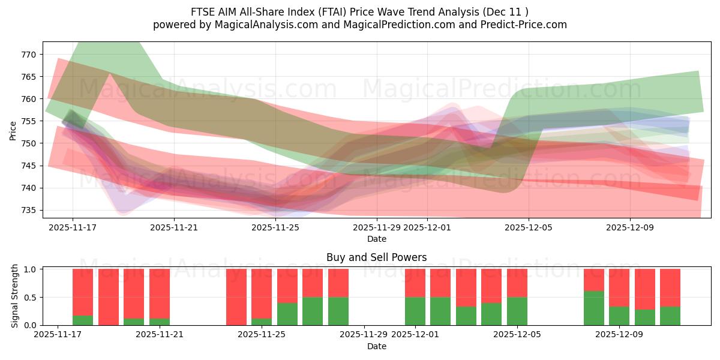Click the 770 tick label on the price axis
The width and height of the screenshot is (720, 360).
coord(29,55)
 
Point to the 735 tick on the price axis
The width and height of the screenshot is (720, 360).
coord(29,211)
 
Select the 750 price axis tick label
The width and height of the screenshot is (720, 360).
coord(29,143)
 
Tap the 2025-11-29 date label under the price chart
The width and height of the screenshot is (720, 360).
coord(377,227)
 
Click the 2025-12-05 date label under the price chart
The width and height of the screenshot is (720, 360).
coord(529,227)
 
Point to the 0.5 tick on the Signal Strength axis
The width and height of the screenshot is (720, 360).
coord(30,298)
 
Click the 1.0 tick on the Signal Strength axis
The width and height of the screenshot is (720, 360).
coord(30,269)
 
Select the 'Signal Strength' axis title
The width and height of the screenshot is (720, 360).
coord(16,296)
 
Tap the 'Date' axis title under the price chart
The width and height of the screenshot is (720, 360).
coord(377,239)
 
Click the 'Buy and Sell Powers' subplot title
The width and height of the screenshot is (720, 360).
coord(377,257)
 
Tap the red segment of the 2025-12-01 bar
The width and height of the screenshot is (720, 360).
coord(415,283)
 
